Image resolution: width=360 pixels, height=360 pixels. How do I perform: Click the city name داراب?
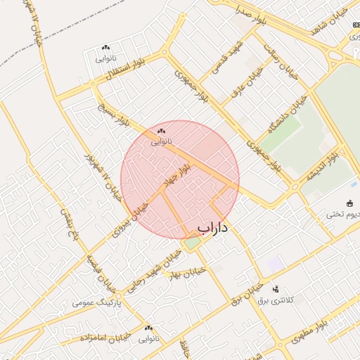pyautogui.click(x=216, y=228)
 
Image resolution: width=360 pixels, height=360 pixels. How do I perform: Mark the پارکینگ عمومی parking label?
pyautogui.click(x=97, y=303)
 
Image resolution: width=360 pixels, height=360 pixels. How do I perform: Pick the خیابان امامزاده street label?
pyautogui.click(x=103, y=339)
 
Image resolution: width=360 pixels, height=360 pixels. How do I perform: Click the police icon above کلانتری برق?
pyautogui.click(x=276, y=288)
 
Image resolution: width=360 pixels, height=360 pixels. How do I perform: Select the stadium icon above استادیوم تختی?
pyautogui.click(x=351, y=204)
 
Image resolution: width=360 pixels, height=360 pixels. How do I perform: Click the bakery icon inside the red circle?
pyautogui.click(x=162, y=131)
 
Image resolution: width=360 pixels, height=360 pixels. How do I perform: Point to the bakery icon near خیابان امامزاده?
pyautogui.click(x=148, y=328)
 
